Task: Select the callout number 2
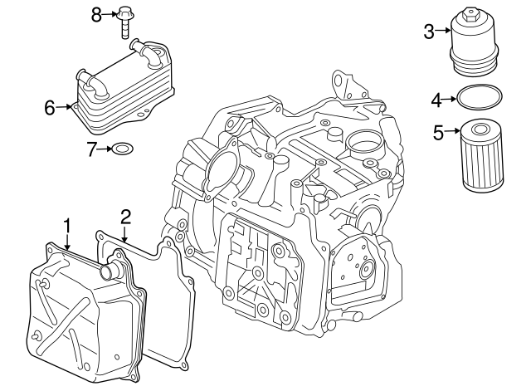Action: coord(125,217)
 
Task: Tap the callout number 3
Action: coord(429,32)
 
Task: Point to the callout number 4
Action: coord(436,100)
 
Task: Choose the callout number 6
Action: coord(49,107)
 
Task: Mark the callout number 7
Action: coord(92,149)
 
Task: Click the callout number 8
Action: coord(96,13)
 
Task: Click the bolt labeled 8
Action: coord(125,20)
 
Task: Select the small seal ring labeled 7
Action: coord(122,149)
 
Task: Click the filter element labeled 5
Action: coord(476,155)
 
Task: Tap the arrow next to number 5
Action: coord(453,130)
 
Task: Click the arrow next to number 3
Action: coord(445,32)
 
